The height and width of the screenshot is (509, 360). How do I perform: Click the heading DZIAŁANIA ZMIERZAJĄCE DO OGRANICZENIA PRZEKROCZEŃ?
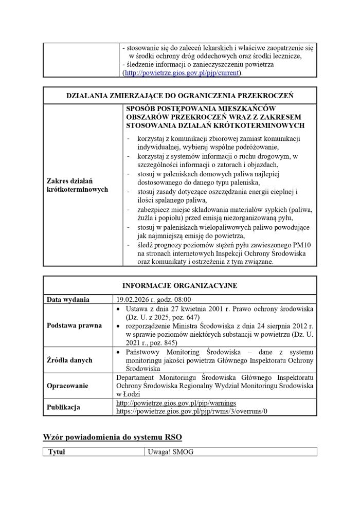[x=180, y=95]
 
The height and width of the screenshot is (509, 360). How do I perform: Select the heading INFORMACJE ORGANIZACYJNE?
[x=179, y=285]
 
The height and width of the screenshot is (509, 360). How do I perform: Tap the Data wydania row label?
[x=68, y=300]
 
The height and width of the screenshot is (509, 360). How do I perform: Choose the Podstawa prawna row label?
[x=74, y=325]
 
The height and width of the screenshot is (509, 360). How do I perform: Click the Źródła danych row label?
[x=69, y=360]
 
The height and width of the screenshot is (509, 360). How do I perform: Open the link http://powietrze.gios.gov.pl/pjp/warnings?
[x=176, y=404]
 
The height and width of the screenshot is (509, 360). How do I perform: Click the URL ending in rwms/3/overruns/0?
[x=186, y=412]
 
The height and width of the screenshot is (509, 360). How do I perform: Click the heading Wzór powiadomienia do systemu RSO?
[x=112, y=437]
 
